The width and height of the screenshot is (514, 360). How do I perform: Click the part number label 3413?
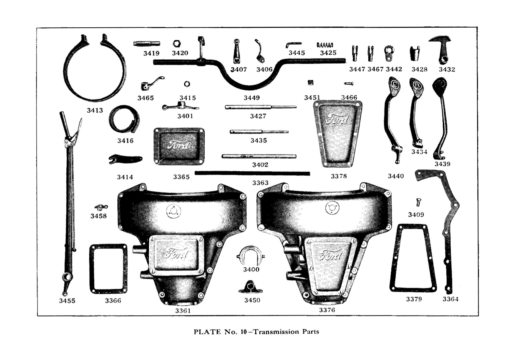coord(95,111)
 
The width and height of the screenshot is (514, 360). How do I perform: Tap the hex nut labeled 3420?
coord(177,44)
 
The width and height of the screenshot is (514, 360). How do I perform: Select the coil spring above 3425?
coord(325,45)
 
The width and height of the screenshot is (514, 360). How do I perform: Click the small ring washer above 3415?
coord(187,84)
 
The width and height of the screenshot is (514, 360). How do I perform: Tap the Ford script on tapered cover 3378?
coord(337,119)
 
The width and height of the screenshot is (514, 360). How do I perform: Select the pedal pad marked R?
coord(417,86)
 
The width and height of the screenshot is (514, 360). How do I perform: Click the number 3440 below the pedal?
coord(396,176)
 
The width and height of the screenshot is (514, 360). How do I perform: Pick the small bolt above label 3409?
coord(419,202)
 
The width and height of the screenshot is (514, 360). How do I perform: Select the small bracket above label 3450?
coord(250,287)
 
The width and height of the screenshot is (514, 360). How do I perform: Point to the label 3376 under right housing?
coord(327,310)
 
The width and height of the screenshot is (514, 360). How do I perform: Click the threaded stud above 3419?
coord(147,44)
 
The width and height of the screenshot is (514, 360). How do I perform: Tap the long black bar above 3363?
coord(252,174)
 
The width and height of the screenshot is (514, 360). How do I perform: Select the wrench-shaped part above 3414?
coord(125,159)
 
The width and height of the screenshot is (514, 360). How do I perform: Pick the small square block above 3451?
coord(310,83)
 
